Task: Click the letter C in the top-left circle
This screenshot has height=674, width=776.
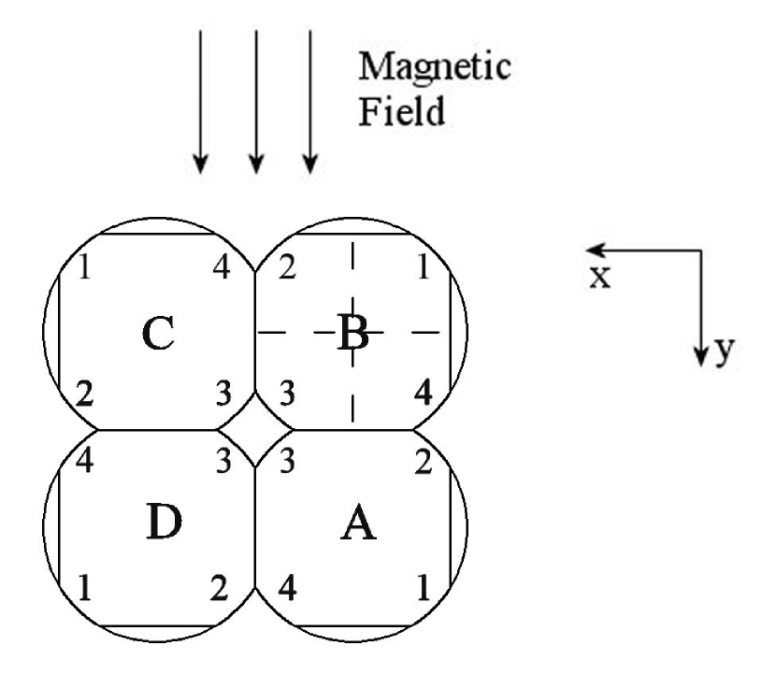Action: (159, 334)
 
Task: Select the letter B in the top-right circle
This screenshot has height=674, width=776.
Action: (352, 334)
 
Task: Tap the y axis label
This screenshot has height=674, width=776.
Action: (722, 352)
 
